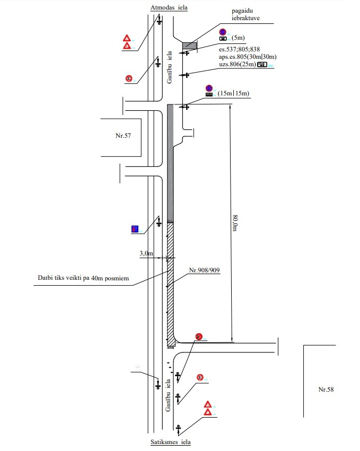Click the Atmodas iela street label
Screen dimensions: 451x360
pos(169,8)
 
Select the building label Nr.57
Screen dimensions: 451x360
pos(123,136)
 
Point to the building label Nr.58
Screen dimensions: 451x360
pos(326,390)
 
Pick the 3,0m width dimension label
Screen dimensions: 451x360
pos(146,254)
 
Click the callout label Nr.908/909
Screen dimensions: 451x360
pos(204,270)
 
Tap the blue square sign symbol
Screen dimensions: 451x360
pos(135,229)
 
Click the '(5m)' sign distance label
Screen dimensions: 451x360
pos(239,38)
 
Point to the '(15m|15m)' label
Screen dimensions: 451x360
pos(233,94)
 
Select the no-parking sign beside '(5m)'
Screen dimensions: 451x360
pos(223,32)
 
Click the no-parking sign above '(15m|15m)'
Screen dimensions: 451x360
pos(209,88)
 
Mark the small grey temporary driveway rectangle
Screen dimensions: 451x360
pos(189,46)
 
